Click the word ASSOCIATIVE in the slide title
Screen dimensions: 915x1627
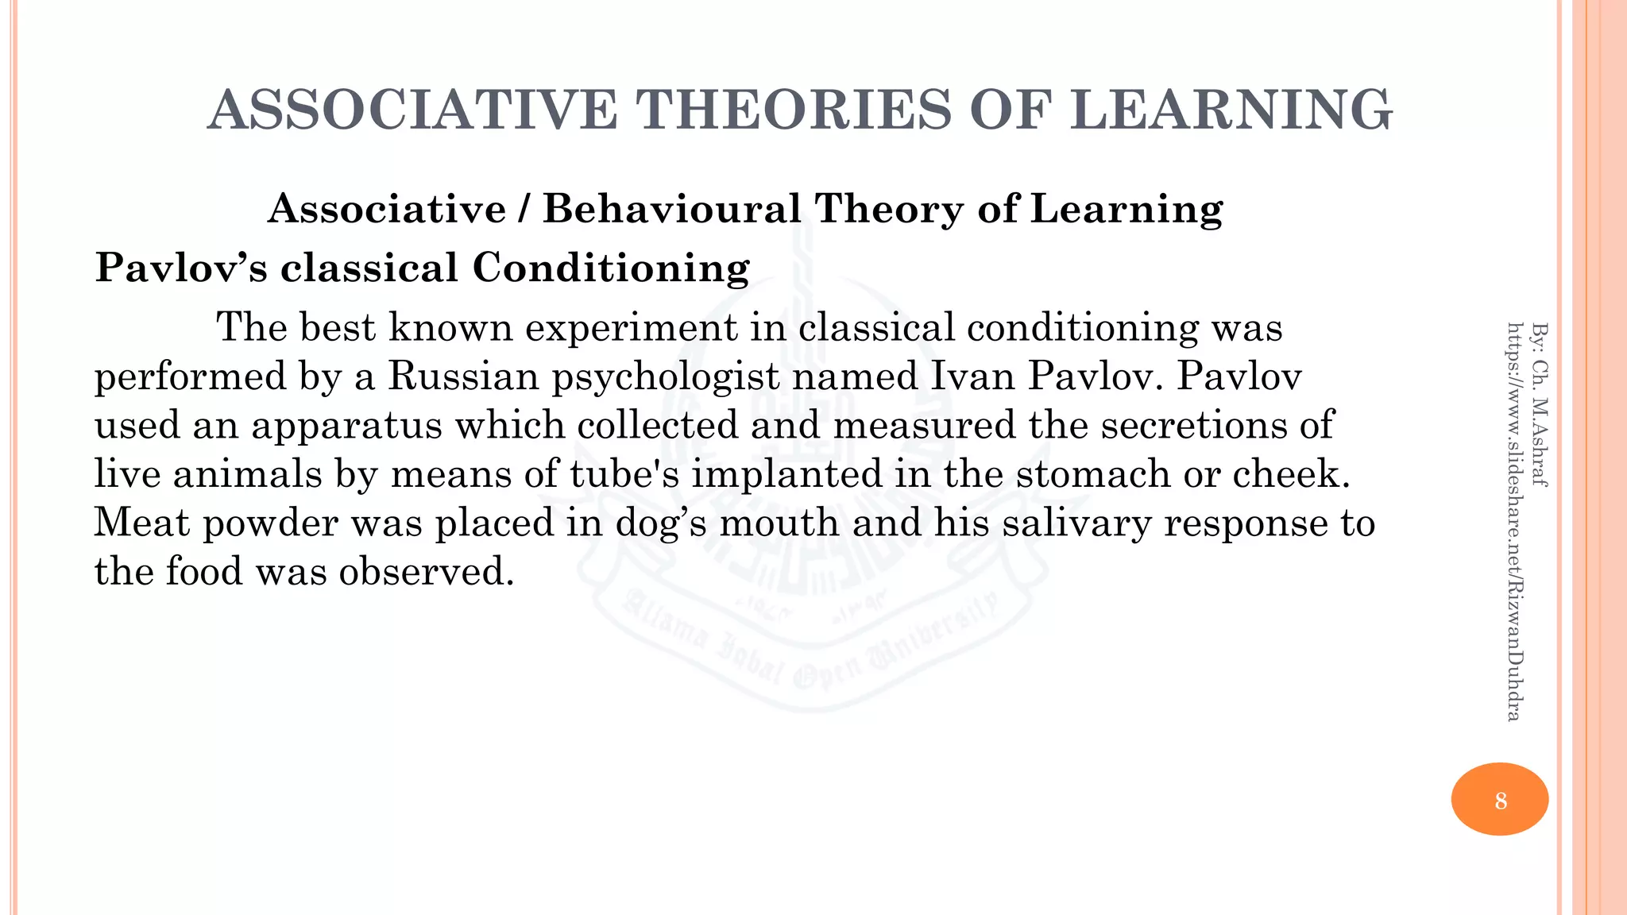412,110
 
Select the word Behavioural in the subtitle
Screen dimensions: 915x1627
672,210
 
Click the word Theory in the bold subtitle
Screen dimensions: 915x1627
889,210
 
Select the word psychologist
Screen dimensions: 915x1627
666,377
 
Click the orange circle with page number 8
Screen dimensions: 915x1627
1499,799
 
